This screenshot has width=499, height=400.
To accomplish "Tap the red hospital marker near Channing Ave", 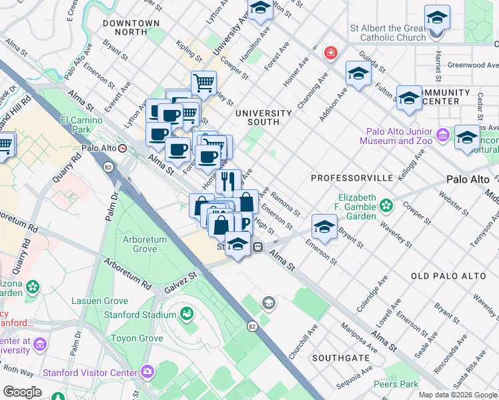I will click(330, 53).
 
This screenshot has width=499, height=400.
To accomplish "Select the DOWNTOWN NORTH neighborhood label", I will click(131, 27).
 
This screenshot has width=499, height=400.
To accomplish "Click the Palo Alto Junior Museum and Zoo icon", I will click(442, 136).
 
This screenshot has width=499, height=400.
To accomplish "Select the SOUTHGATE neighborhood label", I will click(344, 358).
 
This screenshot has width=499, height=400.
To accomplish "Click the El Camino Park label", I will click(75, 125).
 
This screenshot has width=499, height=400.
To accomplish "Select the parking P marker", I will click(245, 223).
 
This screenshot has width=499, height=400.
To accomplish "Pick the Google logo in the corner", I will click(22, 391).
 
